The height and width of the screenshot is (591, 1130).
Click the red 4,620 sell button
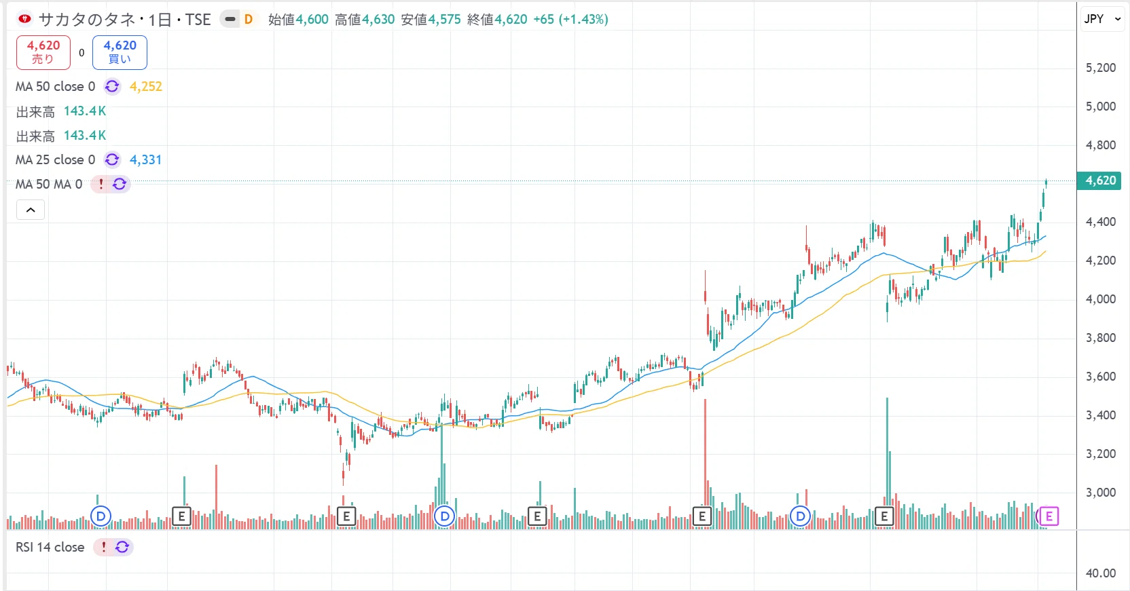click(x=43, y=52)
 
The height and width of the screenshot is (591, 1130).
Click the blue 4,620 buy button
click(x=120, y=52)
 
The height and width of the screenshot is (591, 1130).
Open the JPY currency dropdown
click(x=1102, y=18)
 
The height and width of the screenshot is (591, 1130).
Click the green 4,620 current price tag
click(x=1099, y=180)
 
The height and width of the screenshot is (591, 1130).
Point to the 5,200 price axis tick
click(x=1100, y=68)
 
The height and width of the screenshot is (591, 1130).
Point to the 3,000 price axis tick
click(x=1100, y=492)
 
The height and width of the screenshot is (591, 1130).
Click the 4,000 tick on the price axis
click(x=1100, y=299)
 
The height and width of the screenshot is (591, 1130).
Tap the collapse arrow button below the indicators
click(x=31, y=210)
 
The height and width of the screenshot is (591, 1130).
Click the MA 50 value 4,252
click(x=146, y=87)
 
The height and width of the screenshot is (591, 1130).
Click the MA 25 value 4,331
click(x=146, y=160)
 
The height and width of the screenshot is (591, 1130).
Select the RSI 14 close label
click(x=50, y=547)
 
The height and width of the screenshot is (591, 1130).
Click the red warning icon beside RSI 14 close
click(x=103, y=547)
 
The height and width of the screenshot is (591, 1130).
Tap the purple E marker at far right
click(x=1049, y=516)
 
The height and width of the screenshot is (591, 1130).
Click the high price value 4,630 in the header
click(x=378, y=19)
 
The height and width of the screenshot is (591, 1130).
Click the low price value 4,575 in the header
click(x=444, y=19)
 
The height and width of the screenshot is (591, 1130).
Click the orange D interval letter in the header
click(x=248, y=19)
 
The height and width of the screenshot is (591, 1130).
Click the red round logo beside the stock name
click(x=24, y=19)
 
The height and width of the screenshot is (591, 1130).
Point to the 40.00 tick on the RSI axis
click(x=1101, y=573)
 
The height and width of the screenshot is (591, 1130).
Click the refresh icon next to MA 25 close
click(x=112, y=160)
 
